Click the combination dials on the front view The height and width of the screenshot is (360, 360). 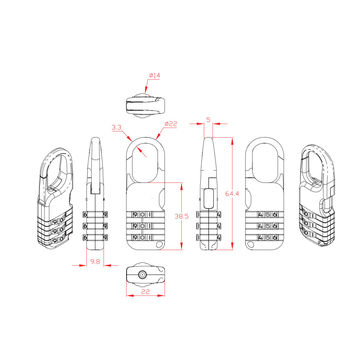click(146, 226)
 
